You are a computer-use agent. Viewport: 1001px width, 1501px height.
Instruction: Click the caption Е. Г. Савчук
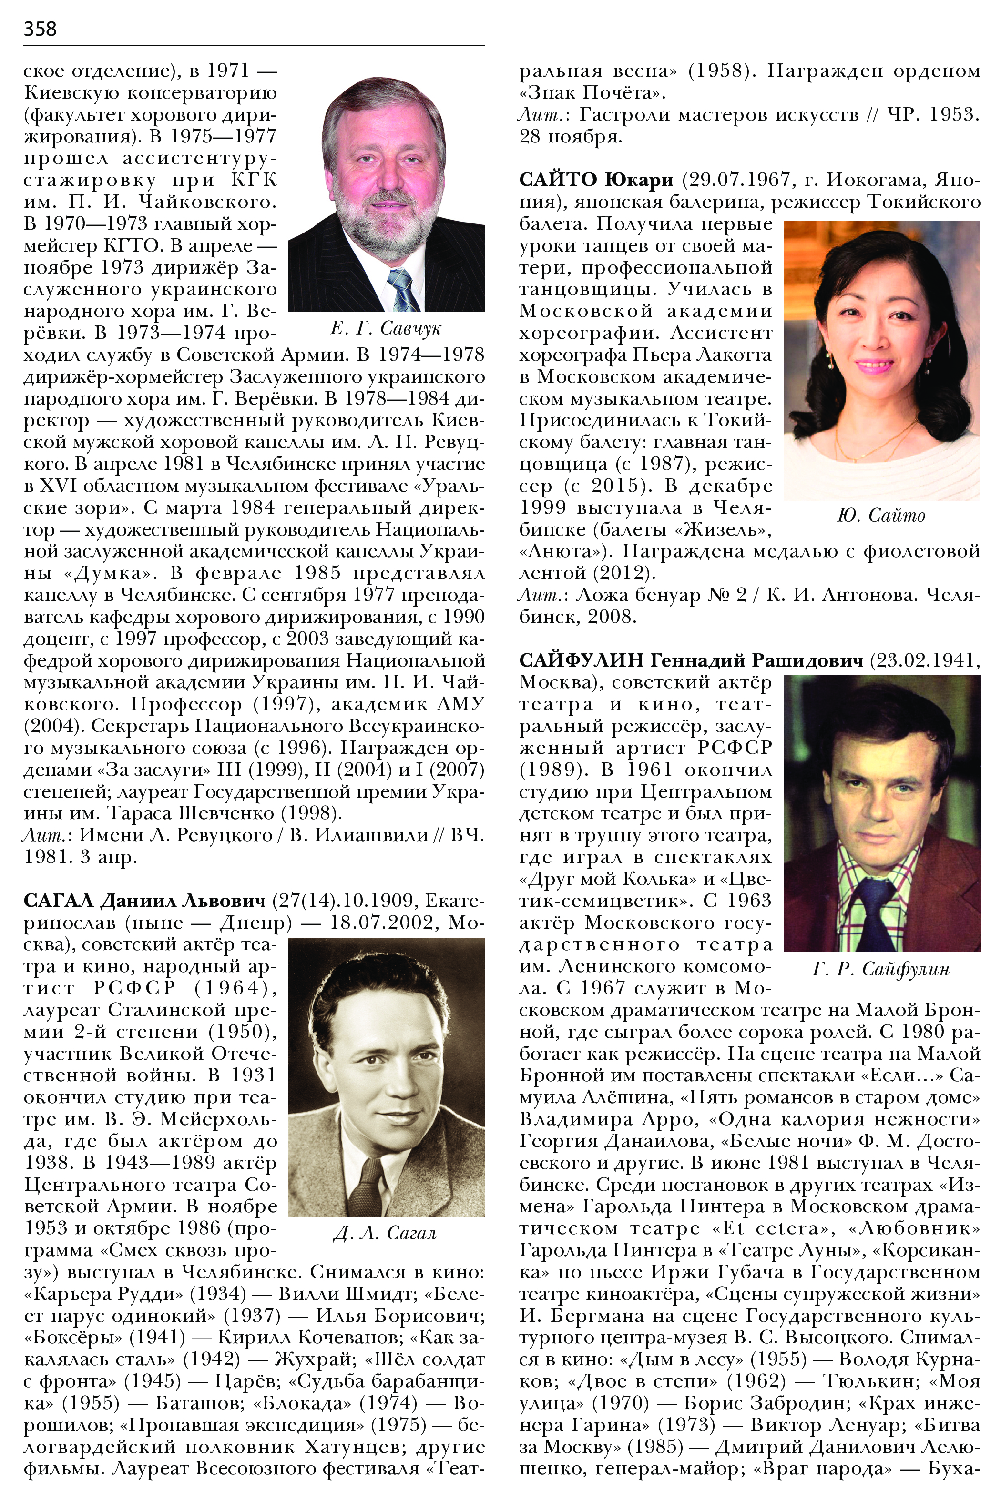[x=386, y=328]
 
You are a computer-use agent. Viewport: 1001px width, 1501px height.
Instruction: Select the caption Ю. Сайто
[x=881, y=515]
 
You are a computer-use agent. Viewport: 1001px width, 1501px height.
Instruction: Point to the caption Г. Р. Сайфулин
[x=881, y=969]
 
